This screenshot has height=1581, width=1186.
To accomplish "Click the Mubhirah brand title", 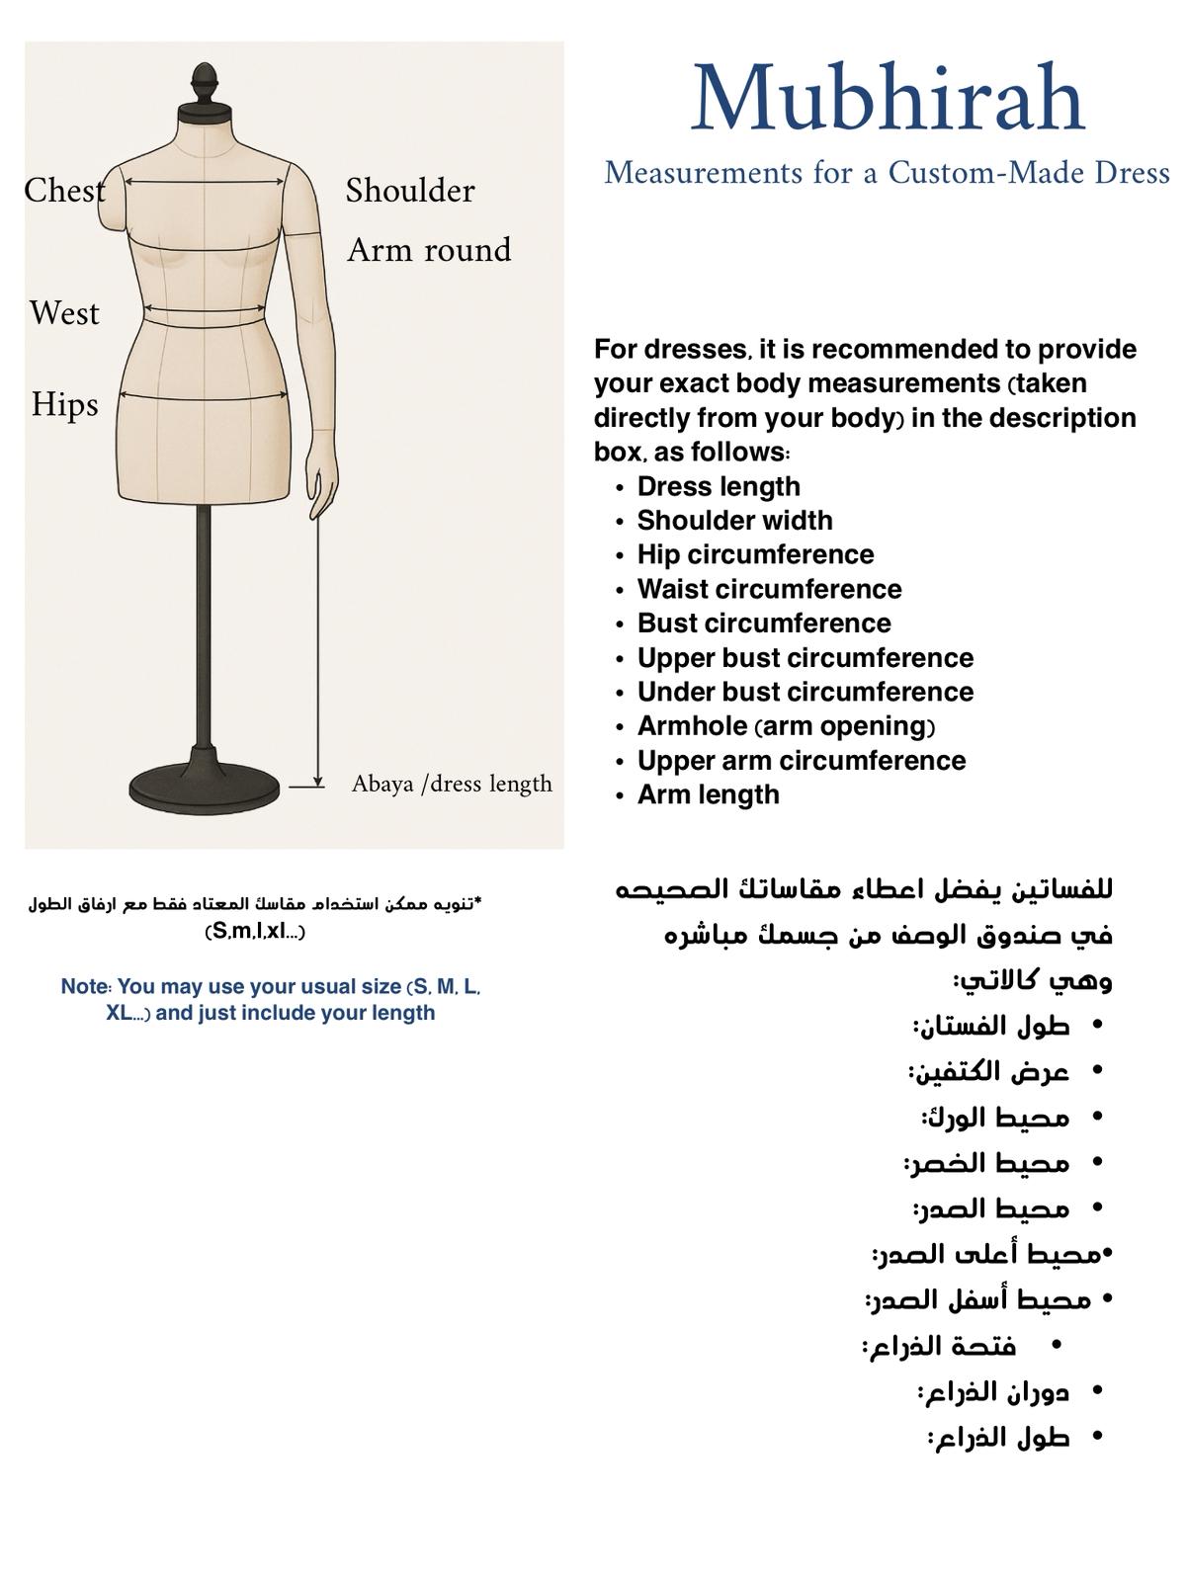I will (888, 99).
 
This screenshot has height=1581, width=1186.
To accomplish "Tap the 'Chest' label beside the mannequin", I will (64, 190).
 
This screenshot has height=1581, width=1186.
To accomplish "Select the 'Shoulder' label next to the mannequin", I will (410, 190).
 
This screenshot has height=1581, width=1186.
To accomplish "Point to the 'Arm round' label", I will (429, 250).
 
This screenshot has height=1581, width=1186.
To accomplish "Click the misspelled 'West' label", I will (64, 313).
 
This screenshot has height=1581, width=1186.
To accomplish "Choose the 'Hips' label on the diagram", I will (64, 404).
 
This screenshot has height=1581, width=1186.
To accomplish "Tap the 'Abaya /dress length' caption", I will (452, 784).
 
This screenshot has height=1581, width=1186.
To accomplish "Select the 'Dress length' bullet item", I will (719, 486).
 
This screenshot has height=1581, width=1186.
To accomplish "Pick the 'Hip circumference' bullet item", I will (755, 554).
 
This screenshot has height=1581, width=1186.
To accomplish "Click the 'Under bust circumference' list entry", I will (805, 692).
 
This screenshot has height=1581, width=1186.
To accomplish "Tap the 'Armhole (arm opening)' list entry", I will (786, 726).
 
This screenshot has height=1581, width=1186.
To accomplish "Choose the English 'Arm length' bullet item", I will (708, 794).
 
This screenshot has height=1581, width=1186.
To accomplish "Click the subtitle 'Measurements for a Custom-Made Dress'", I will (887, 173).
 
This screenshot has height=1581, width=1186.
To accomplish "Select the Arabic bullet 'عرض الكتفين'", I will (988, 1071).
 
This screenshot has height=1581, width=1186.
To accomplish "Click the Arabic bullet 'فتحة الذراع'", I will (939, 1346).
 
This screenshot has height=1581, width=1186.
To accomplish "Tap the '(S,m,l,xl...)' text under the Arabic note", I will (254, 932).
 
